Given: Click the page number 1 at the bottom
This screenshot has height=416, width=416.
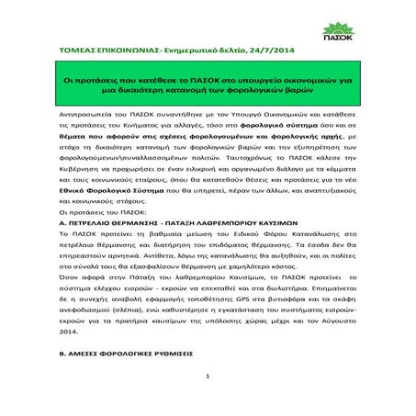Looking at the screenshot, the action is click(x=208, y=401).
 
